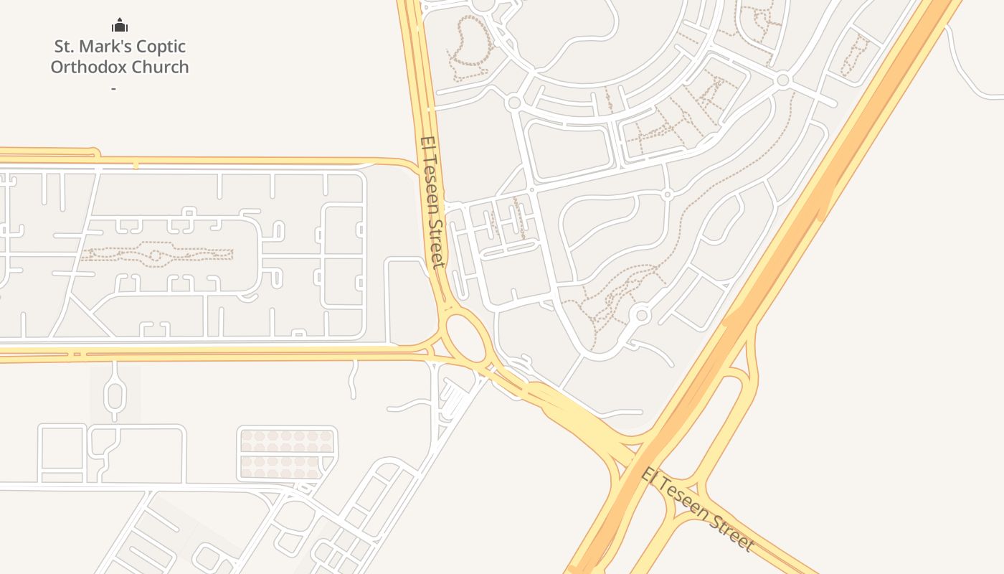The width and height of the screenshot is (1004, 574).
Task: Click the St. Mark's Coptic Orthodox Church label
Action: coord(120,57)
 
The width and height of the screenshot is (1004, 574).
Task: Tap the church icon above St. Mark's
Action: coord(120,26)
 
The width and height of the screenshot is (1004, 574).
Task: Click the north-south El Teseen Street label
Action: coord(433,202)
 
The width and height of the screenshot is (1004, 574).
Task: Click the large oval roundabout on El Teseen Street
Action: coord(465,338)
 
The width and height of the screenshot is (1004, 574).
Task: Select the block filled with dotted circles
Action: coord(287,454)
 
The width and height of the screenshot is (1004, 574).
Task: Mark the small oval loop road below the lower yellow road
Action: coord(115,395)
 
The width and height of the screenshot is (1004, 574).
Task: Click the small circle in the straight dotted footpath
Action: coord(153,255)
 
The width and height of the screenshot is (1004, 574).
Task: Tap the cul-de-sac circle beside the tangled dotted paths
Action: coord(641,316)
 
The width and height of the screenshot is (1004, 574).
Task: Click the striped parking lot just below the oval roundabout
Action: coord(452,397)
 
